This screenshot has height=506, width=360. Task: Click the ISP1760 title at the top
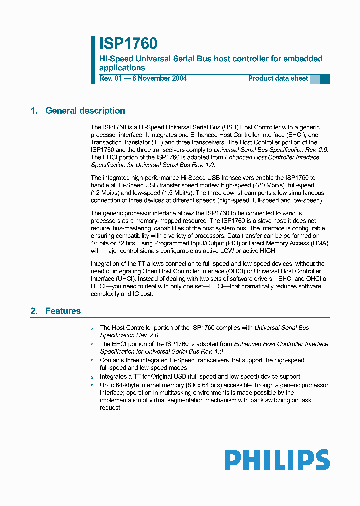(128, 44)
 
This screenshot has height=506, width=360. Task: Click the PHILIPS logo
(277, 460)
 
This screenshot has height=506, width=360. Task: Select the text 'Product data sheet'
(278, 78)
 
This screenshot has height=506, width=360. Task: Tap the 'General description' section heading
(85, 111)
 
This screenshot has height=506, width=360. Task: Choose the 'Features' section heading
(63, 311)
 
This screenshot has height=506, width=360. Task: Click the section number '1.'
(34, 111)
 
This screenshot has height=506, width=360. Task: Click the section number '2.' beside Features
(34, 311)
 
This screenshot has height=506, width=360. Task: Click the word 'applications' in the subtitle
(122, 68)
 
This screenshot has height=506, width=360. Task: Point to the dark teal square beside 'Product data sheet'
(325, 79)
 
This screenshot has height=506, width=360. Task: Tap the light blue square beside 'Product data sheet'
(315, 79)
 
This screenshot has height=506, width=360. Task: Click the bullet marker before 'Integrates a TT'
(92, 377)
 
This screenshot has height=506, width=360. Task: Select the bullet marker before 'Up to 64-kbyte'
(92, 385)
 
